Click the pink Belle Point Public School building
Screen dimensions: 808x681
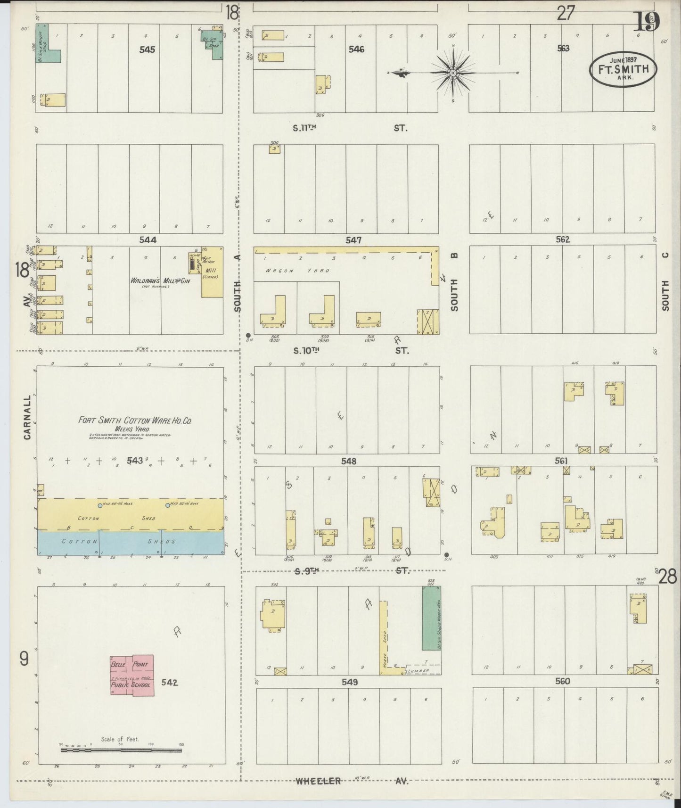[x=132, y=675]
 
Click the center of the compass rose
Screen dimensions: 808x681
[x=452, y=73]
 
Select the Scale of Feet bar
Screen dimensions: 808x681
[x=121, y=749]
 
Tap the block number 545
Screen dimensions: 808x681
[x=147, y=49]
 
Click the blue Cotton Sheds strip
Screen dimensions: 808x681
[x=131, y=542]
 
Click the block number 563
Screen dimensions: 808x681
[x=563, y=48]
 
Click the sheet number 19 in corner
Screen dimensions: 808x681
[x=647, y=22]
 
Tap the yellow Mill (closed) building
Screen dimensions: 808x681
[x=212, y=272]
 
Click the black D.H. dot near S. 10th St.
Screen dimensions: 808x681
[x=248, y=335]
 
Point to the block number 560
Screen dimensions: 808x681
[x=562, y=681]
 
